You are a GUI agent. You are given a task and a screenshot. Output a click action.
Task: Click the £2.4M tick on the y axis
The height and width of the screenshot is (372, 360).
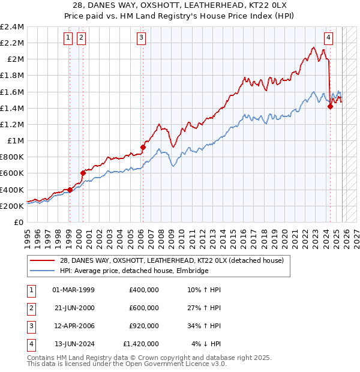pyautogui.click(x=12, y=27)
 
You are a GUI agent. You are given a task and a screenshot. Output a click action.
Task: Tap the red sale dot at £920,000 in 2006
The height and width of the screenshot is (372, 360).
pyautogui.click(x=143, y=147)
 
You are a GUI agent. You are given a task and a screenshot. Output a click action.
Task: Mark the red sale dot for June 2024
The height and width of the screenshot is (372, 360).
pyautogui.click(x=330, y=107)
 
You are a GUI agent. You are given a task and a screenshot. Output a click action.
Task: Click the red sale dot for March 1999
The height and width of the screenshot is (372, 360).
pyautogui.click(x=70, y=190)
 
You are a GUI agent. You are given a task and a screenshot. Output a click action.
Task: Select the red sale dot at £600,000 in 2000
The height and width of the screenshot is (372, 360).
pyautogui.click(x=83, y=173)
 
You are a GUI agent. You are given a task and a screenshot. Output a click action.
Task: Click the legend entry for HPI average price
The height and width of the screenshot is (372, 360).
pyautogui.click(x=133, y=271)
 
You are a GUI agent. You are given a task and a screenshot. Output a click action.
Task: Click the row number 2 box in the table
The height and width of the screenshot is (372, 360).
pyautogui.click(x=31, y=308)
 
